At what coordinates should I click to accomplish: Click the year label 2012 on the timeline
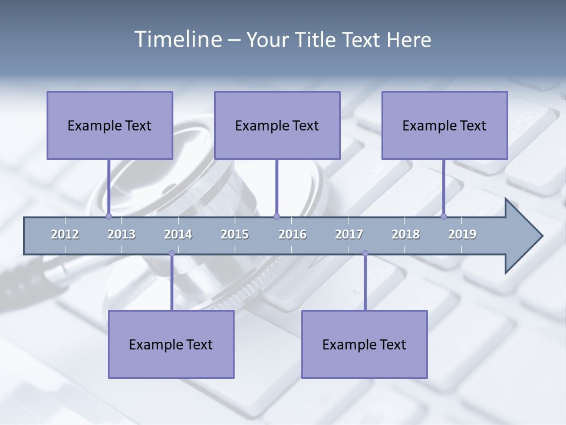tap(65, 234)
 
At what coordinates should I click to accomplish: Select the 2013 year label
tap(121, 234)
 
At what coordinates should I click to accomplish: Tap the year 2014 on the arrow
tap(178, 234)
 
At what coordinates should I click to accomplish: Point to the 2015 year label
tap(235, 234)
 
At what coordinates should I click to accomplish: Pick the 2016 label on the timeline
tap(292, 234)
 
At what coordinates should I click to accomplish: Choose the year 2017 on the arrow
tap(349, 234)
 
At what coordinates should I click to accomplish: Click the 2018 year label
tap(406, 234)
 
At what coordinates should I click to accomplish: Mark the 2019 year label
tap(462, 234)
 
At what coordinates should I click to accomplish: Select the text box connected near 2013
tap(110, 125)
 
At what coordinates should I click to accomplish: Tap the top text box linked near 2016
tap(277, 125)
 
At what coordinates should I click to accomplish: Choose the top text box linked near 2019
tap(445, 125)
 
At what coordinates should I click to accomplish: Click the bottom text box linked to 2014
tap(171, 344)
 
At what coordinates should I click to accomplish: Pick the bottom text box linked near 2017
tap(364, 344)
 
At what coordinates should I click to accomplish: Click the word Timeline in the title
tap(176, 40)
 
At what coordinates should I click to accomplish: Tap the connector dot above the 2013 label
tap(108, 216)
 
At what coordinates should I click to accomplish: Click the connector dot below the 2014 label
tap(172, 254)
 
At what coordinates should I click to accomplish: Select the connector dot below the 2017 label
tap(365, 254)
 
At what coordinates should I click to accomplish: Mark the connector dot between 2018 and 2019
tap(444, 216)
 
